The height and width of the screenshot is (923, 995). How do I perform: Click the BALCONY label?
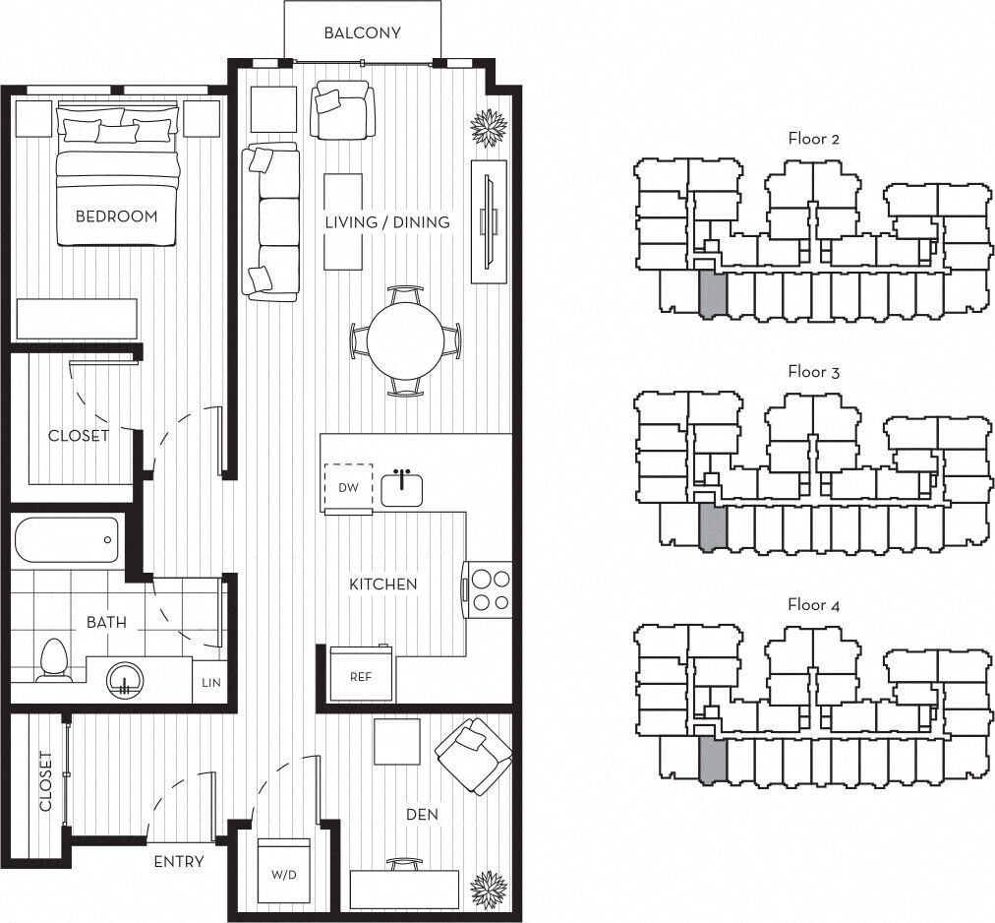pos(362,32)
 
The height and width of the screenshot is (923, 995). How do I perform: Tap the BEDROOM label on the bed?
pos(116,216)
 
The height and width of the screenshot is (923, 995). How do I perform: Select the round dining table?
pos(406,340)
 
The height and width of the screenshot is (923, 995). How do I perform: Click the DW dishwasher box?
pos(348,487)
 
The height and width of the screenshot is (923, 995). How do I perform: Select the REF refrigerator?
pos(361,674)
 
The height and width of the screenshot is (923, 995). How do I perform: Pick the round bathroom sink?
pos(125,678)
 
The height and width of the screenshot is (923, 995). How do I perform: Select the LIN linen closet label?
pos(211,682)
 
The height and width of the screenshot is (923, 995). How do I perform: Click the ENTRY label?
pos(179,862)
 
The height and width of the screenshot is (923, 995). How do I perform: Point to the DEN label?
pos(423,815)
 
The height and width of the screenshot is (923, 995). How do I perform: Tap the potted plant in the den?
pos(489,890)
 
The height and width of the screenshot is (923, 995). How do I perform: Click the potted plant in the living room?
pos(488,127)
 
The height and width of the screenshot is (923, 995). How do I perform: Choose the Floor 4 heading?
pos(813,605)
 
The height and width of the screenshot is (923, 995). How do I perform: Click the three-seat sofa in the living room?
pos(271,222)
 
